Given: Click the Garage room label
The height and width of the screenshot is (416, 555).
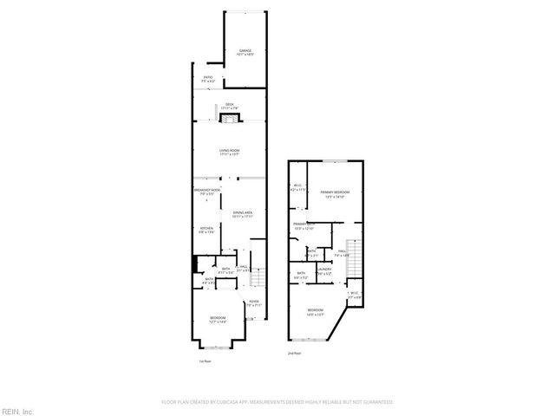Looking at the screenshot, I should tap(245, 53).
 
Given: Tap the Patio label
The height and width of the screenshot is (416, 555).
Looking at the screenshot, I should tap(208, 79).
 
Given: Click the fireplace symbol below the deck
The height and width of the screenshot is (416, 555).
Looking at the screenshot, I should tap(232, 117).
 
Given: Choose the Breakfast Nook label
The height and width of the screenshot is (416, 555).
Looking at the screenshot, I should tap(206, 191).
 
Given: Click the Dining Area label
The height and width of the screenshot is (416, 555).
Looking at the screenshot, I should tap(242, 214).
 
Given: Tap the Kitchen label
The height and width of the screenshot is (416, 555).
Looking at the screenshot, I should tap(206, 230).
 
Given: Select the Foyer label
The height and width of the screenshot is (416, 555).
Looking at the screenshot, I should tap(253, 304).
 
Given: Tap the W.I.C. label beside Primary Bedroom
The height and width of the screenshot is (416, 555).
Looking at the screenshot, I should tap(297, 187).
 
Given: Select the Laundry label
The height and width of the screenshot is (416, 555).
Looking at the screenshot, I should tap(324, 270).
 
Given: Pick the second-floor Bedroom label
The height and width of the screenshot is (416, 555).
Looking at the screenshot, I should tap(315, 312).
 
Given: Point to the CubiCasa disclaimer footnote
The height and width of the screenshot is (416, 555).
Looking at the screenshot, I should tap(277, 402).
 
